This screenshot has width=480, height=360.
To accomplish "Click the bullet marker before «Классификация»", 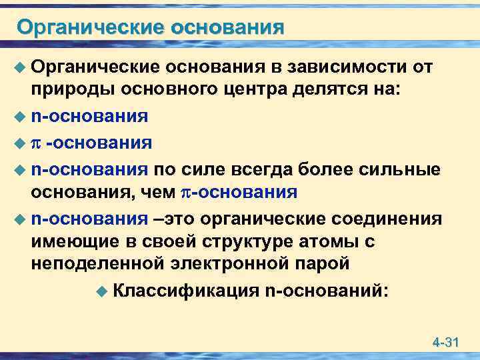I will (x=101, y=291).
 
